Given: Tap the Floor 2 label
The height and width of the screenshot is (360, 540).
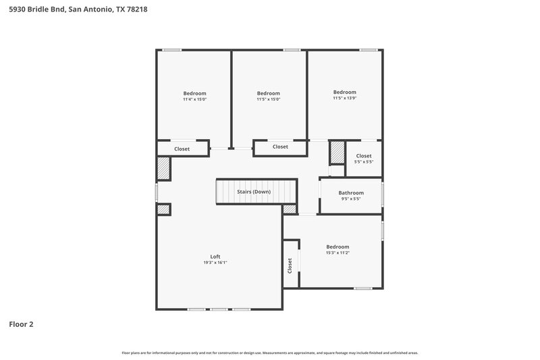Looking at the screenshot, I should coord(21,324).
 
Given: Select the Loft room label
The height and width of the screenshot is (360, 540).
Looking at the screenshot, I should coord(215,257).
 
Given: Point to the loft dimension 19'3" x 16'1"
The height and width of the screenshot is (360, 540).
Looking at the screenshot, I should coord(215,263).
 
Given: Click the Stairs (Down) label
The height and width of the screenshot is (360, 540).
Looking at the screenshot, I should coord(254,192).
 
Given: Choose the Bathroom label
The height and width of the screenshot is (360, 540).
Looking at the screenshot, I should coord(351,192).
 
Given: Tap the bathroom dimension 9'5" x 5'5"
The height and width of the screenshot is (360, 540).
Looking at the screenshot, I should coord(351,199).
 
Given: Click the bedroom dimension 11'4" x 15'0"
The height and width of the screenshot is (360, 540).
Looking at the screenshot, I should coord(194,99).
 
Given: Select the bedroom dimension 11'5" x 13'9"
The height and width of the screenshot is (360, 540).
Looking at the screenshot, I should coord(344,98).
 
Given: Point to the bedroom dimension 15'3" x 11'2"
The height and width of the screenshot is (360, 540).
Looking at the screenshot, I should coord(337,253).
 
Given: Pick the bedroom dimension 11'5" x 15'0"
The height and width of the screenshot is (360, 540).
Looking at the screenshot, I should coord(268,99).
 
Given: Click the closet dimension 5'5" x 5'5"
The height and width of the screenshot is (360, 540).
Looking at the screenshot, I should coord(363,162).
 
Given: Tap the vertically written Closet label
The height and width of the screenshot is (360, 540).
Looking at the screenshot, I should coord(290,265).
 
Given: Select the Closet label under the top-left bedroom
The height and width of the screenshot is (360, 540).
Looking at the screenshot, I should coord(182,149).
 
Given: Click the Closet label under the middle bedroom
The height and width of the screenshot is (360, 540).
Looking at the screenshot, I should coord(280,147).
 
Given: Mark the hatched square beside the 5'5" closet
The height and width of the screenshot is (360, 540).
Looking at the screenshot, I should coord(337,153).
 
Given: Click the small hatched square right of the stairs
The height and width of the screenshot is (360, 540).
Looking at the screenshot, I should coord(290,209).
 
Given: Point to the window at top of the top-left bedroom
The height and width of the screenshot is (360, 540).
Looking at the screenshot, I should coord(171,49).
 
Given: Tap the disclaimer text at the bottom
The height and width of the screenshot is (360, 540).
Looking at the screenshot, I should coord(270,353).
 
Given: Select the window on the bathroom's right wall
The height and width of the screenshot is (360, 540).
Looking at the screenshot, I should coord(383,196).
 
